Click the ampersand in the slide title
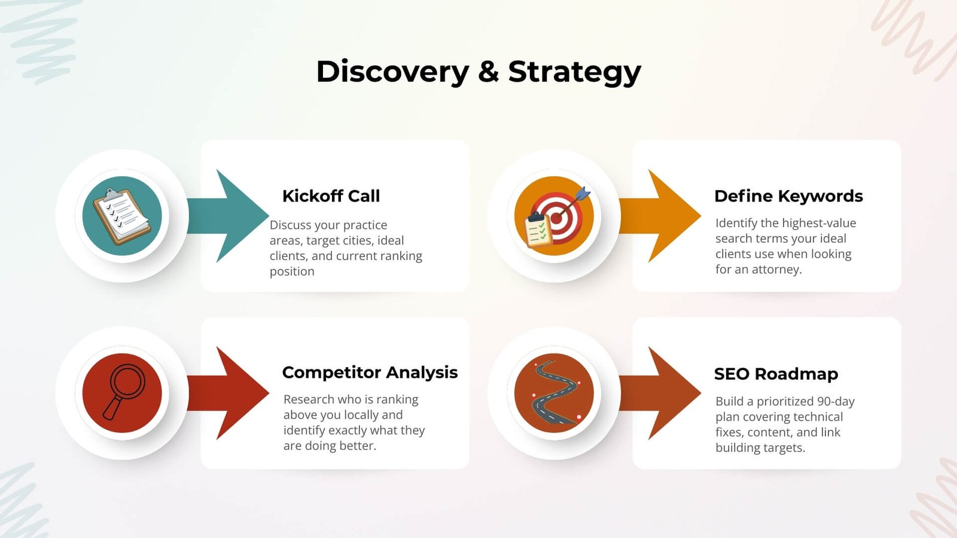pos(488,72)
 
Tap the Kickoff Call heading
pos(331,196)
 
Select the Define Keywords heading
pos(788,196)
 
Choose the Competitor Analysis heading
pos(370,372)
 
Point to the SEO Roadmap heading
pos(776,374)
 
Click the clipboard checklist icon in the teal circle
pos(122,216)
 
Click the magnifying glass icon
pos(123,392)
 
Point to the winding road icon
pos(554,393)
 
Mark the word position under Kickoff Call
pos(292,271)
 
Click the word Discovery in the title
pos(392,72)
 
